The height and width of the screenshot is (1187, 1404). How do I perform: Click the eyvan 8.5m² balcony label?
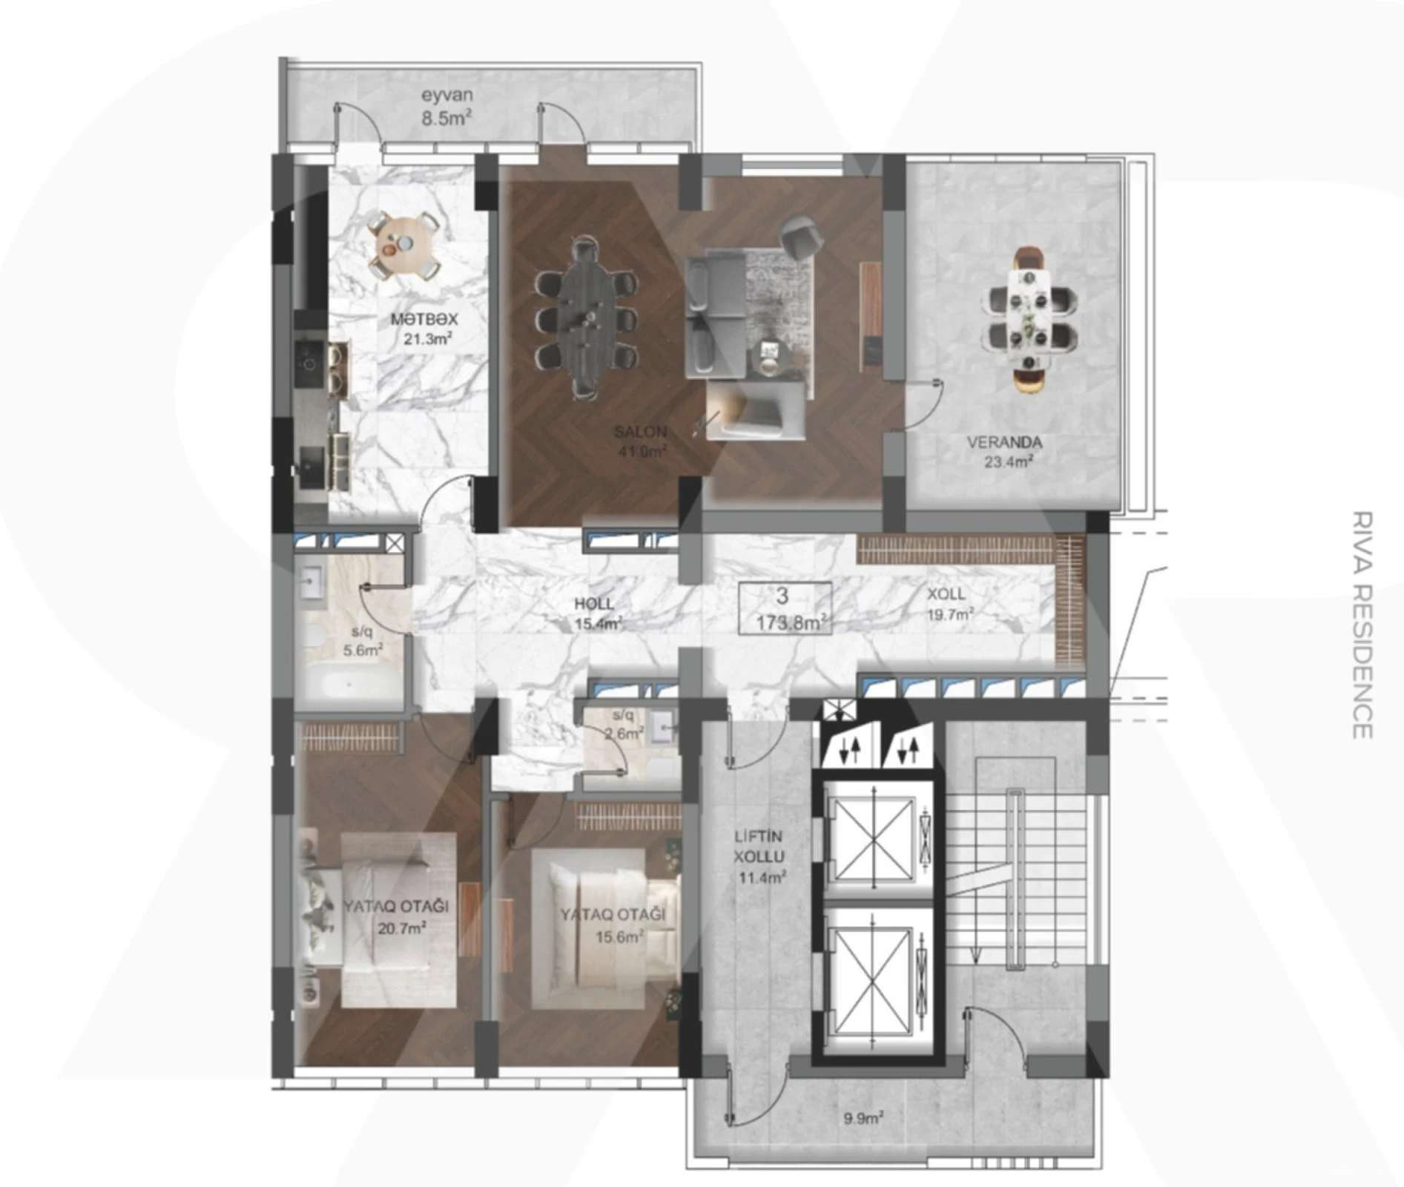446,106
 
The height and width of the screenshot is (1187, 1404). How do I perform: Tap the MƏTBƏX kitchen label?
424,329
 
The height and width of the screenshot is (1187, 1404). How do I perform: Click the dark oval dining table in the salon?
586,315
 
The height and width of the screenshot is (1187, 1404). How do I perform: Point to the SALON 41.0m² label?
641,441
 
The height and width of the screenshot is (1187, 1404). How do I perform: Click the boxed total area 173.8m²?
785,608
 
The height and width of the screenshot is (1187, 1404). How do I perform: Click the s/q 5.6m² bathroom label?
363,642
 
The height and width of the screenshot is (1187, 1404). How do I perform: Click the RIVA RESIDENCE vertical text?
1362,624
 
